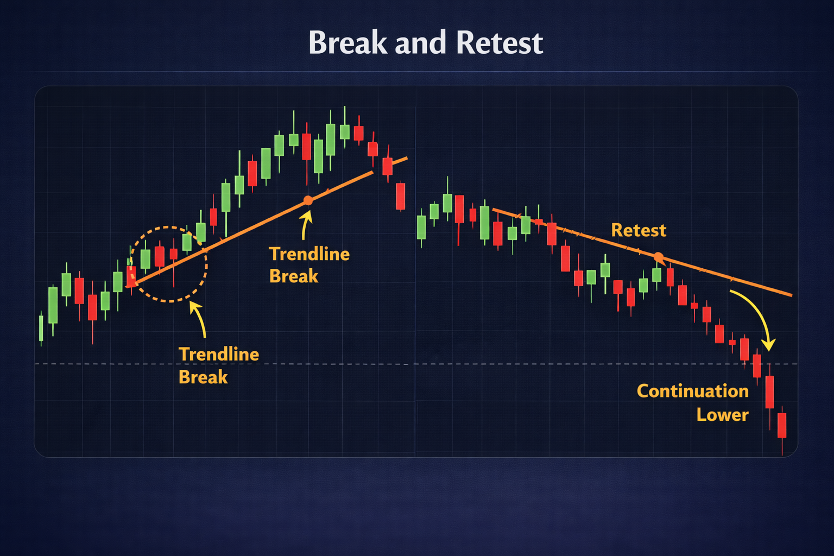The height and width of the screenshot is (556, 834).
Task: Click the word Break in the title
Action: (x=347, y=43)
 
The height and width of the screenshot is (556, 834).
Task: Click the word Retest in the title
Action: (x=500, y=43)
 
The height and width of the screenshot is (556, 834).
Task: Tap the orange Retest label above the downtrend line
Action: (x=639, y=230)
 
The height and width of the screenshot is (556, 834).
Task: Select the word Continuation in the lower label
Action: (x=692, y=391)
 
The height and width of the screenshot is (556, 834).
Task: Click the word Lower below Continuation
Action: (x=722, y=415)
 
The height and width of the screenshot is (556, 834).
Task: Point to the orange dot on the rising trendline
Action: (x=308, y=201)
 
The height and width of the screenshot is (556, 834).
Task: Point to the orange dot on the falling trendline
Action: (x=658, y=257)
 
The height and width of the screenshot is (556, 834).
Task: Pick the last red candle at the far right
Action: (x=782, y=425)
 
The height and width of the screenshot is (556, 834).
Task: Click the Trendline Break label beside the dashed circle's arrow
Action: (x=219, y=365)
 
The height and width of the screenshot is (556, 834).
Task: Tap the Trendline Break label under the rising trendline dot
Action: (x=309, y=265)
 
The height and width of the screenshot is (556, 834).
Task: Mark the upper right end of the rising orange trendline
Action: (x=406, y=159)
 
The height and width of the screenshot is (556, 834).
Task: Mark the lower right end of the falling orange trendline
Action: (x=791, y=295)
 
